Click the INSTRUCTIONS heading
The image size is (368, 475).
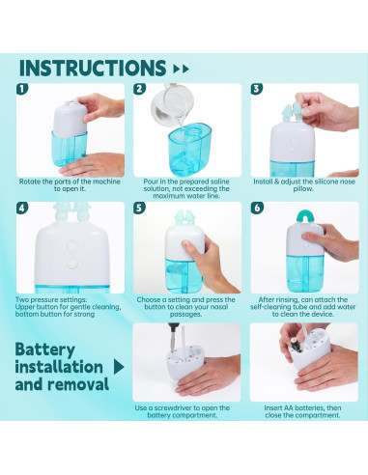pos(93,68)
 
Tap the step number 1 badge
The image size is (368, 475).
pos(22,89)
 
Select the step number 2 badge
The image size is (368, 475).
pos(139,89)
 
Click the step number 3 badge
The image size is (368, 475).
pos(257,89)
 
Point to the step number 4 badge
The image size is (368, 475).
pos(22,208)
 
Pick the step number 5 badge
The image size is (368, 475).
pos(139,208)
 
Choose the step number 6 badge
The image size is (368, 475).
pos(257,208)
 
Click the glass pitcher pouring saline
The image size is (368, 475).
pos(172,104)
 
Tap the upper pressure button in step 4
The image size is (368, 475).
pos(72,246)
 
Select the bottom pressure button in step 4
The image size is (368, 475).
pos(72,263)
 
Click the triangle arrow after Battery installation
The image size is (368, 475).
pos(119,367)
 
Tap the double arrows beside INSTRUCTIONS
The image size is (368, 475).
pos(181,69)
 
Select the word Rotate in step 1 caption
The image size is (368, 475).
pos(27,182)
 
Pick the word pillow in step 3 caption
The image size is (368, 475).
pos(303,188)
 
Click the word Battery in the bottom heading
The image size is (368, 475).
pos(45,350)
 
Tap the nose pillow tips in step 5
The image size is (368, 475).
pos(184,217)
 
